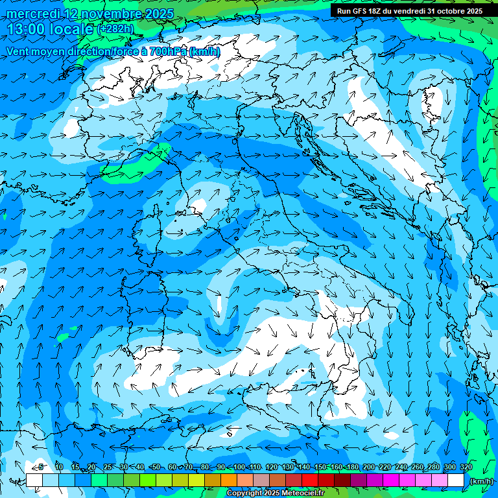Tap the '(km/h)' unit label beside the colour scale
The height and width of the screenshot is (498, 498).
tap(480, 480)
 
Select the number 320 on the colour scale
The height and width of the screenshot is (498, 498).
tap(465, 468)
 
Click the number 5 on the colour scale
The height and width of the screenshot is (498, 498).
tap(41, 468)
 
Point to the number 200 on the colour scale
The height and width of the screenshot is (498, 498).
tap(368, 468)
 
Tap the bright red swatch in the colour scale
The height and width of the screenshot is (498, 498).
tap(310, 480)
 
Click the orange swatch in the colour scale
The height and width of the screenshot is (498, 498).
tap(229, 480)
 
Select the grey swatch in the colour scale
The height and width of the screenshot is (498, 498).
tap(261, 480)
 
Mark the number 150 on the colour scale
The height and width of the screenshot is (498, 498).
tap(320, 468)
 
